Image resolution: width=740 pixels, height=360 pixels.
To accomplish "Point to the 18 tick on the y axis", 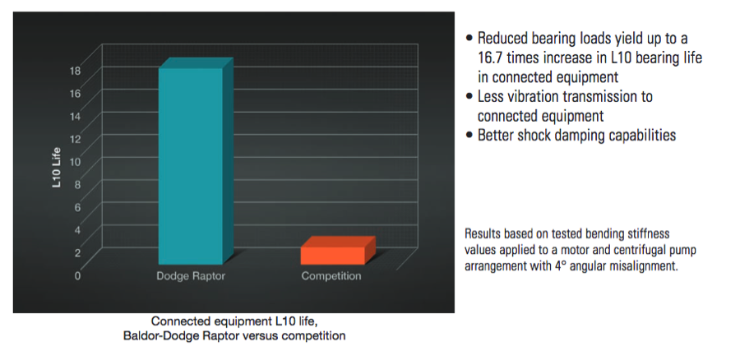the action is (x=76, y=71).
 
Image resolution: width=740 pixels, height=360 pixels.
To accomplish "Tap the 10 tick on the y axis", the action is (x=76, y=161).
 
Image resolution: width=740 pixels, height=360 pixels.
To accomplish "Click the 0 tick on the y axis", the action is (x=77, y=275).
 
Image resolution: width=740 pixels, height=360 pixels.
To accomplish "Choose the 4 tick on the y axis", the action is (x=78, y=230).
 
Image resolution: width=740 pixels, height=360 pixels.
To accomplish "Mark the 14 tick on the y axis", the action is (x=76, y=116).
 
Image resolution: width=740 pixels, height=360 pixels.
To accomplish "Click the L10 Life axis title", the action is (x=57, y=168).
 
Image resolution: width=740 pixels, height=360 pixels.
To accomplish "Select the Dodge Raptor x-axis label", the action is (x=191, y=276).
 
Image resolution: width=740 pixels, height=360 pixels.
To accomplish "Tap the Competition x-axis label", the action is (x=331, y=276).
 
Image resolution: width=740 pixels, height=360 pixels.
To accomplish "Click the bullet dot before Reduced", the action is (x=469, y=38).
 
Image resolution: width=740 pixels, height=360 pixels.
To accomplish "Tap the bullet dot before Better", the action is (x=469, y=136).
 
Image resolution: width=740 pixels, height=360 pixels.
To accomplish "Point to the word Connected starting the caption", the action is (x=174, y=321).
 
